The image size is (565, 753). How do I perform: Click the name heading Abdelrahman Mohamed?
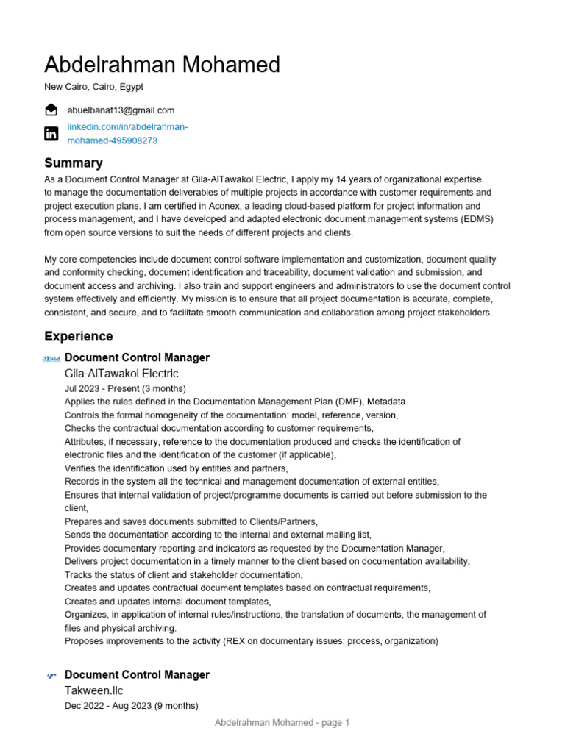[x=162, y=65]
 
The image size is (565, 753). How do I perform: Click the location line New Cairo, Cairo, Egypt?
[x=93, y=87]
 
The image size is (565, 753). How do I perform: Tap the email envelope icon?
[x=51, y=110]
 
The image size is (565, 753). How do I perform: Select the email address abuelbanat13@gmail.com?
[x=121, y=110]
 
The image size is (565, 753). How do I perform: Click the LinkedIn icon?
[x=51, y=133]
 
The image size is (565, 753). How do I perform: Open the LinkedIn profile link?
[x=127, y=134]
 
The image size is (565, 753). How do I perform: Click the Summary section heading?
[x=73, y=163]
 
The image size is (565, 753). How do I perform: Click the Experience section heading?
[x=78, y=336]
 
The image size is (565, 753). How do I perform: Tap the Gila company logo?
[x=51, y=358]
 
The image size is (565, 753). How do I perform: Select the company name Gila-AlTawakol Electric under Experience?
[x=121, y=374]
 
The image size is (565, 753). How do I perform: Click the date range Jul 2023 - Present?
[x=125, y=388]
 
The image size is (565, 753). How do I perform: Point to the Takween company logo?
[x=51, y=675]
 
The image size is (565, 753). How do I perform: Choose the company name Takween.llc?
[x=93, y=690]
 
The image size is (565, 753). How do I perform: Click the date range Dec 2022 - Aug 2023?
[x=131, y=705]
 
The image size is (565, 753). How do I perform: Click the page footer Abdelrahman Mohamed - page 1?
[x=282, y=723]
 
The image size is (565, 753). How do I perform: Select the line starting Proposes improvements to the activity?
[x=251, y=641]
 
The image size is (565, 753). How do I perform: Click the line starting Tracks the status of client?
[x=183, y=574]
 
